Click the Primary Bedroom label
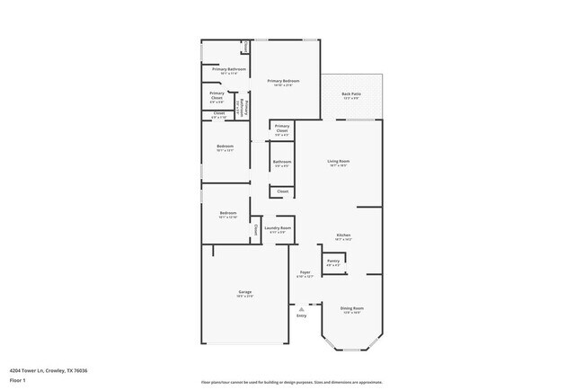click(284, 82)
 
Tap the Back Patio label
click(351, 94)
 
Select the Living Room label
click(339, 162)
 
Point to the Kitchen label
click(343, 235)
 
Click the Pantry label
click(332, 261)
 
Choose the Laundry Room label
click(278, 229)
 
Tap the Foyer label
click(305, 272)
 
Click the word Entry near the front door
click(302, 315)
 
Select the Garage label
click(244, 293)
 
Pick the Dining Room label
click(351, 309)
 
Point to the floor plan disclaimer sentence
click(291, 382)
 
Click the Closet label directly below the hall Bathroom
click(282, 191)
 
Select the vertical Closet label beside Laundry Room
click(256, 230)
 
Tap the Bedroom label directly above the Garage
click(227, 213)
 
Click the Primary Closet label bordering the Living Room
click(282, 128)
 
